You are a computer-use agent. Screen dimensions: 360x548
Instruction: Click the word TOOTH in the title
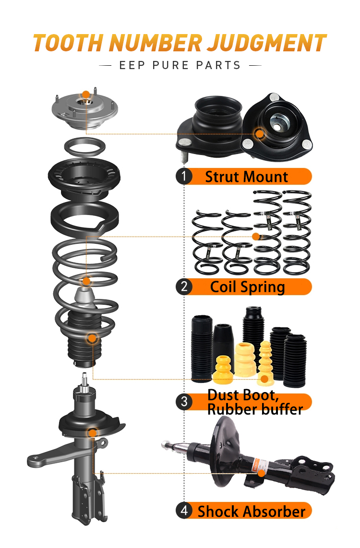click(x=69, y=43)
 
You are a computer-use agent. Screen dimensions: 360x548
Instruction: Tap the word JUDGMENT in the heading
click(x=267, y=43)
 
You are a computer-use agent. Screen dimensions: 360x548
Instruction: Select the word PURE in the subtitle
click(x=170, y=65)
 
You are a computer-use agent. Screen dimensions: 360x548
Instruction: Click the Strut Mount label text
click(x=246, y=177)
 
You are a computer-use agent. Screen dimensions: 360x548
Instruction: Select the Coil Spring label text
click(x=248, y=287)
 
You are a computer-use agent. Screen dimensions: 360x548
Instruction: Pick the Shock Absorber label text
click(x=252, y=512)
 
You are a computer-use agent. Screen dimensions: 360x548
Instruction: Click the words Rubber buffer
click(x=255, y=409)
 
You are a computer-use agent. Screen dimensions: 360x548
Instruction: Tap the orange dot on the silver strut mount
click(x=86, y=95)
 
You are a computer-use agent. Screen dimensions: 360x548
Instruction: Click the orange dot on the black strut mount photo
click(x=260, y=133)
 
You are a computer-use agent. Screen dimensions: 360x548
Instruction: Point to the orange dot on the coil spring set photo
click(x=256, y=237)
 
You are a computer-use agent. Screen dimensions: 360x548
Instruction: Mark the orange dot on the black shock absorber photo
click(x=262, y=474)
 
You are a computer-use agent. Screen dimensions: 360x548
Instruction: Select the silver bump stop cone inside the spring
click(x=85, y=298)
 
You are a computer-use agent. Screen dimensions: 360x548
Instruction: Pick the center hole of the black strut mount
click(x=277, y=127)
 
